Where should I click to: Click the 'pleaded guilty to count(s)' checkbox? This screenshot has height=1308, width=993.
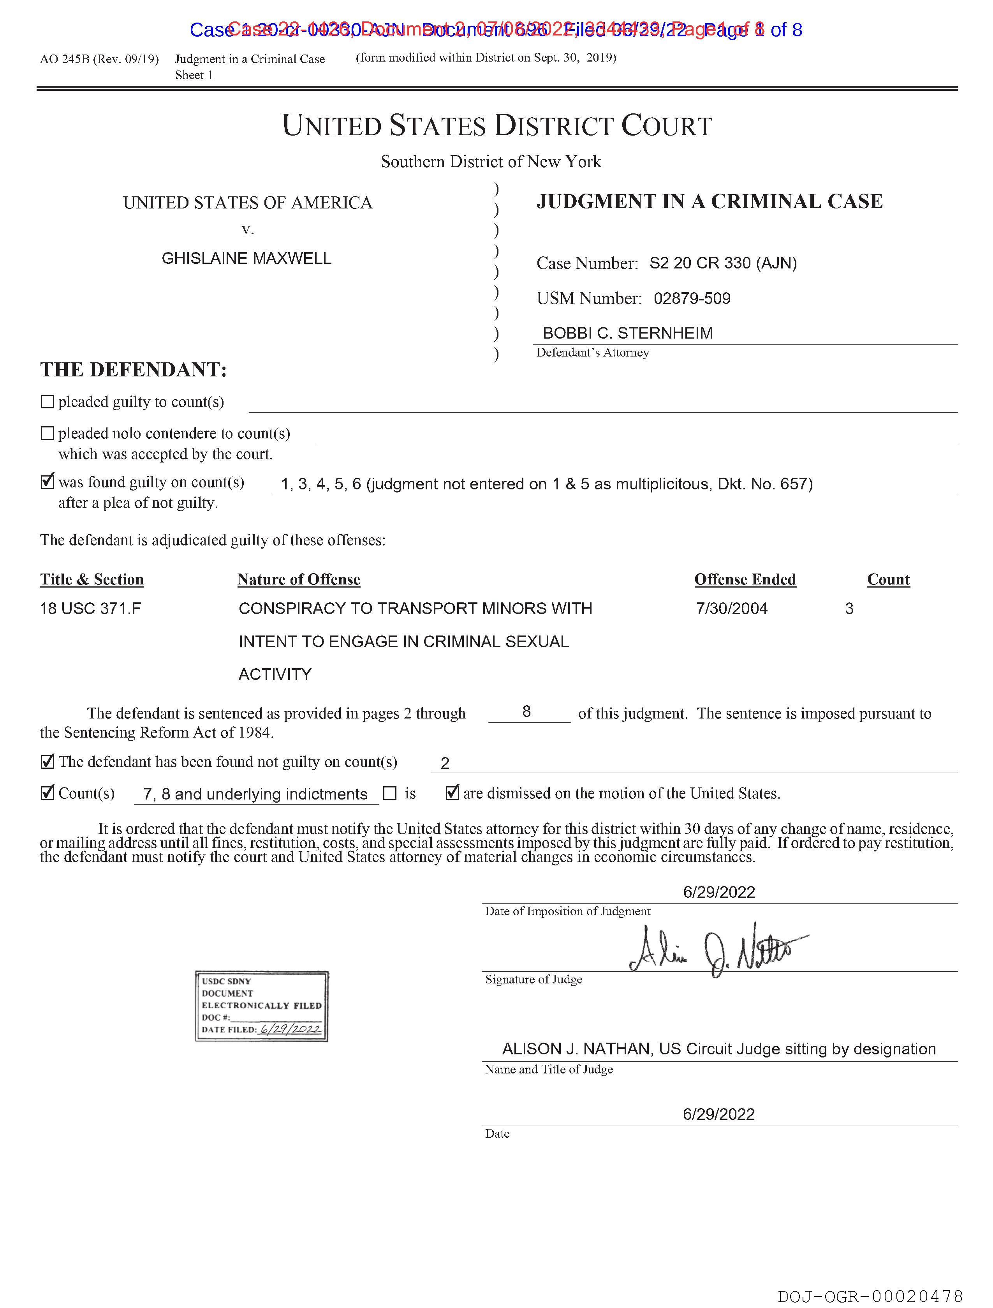(x=47, y=402)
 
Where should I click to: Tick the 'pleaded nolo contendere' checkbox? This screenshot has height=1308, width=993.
(x=47, y=433)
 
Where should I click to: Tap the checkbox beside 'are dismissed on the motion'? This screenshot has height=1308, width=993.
(x=452, y=793)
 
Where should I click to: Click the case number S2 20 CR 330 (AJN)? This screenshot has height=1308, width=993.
(x=723, y=263)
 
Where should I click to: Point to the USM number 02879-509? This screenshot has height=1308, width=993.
(x=692, y=298)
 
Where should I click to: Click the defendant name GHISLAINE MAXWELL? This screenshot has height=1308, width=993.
(x=246, y=258)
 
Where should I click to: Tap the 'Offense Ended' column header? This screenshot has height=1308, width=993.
(x=745, y=579)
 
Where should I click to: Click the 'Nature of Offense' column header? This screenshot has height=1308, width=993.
(x=299, y=579)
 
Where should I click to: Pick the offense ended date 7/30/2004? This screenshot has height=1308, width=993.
(x=732, y=609)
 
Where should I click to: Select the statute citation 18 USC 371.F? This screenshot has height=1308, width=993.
(x=90, y=609)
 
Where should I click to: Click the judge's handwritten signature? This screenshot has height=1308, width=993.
(x=718, y=950)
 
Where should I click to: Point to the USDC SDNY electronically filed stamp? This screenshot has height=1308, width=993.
(x=262, y=1006)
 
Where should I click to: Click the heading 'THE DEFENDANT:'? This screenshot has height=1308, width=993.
(x=134, y=370)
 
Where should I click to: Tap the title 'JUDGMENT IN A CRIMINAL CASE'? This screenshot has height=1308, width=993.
(x=709, y=202)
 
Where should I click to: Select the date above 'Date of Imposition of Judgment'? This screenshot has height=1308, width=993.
(x=719, y=892)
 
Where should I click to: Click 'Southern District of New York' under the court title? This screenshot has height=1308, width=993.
(x=491, y=161)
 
